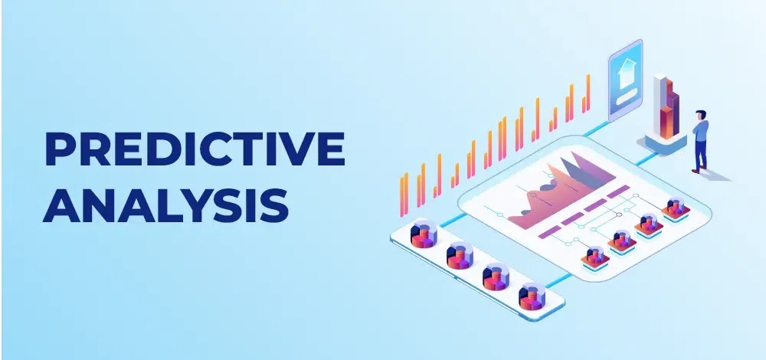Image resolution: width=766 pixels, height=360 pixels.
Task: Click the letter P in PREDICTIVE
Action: point(59,149)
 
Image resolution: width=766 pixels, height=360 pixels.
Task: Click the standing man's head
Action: point(702,116)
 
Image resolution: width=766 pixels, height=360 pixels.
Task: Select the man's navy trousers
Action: point(701,154)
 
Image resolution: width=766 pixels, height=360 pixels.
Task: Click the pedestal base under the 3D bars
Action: point(665,142)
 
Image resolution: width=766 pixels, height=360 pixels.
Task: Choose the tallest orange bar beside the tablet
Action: point(588,93)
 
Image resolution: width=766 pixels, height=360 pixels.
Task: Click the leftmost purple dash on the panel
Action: point(549,231)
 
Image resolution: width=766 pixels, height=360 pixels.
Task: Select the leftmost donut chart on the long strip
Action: point(424,234)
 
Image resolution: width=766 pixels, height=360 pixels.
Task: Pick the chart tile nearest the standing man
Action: point(676,210)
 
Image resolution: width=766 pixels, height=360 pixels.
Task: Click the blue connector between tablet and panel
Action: point(596,128)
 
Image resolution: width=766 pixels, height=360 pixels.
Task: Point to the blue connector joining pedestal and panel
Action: point(646,159)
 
